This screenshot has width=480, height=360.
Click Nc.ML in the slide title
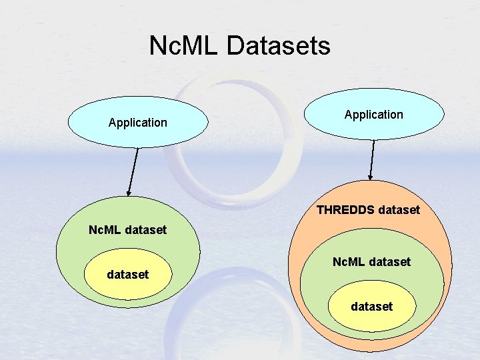(x=184, y=46)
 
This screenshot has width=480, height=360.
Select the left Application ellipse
(x=138, y=122)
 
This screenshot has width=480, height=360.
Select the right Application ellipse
(x=374, y=115)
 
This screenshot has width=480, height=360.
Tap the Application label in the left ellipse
(x=138, y=123)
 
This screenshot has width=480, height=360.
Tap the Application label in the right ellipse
(x=374, y=115)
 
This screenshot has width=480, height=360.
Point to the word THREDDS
(x=345, y=210)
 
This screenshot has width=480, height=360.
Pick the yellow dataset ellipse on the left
(x=128, y=274)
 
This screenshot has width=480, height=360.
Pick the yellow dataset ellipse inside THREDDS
(x=372, y=307)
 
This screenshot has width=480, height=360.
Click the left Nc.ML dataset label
(x=128, y=230)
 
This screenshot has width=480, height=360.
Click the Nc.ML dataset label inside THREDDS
(x=371, y=262)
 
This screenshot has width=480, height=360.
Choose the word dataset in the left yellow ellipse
(x=128, y=274)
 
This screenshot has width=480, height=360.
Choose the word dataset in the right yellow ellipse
(x=372, y=307)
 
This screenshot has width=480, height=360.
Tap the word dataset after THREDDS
(x=399, y=210)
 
